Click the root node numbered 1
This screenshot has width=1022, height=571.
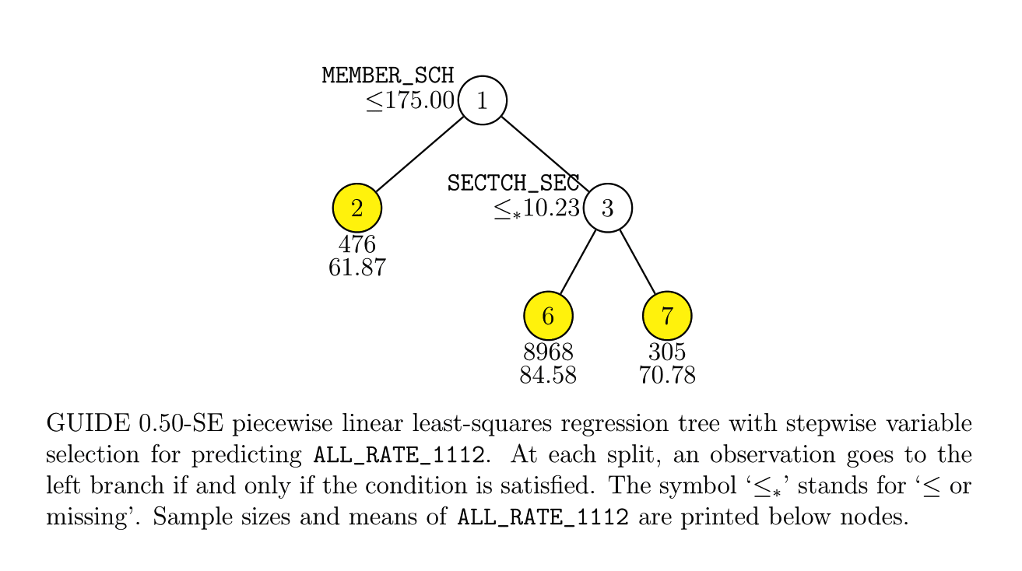tap(483, 100)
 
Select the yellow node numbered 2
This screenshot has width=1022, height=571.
tap(356, 208)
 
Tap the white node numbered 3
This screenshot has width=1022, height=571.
tap(608, 208)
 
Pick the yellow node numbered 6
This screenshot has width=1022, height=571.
tap(548, 316)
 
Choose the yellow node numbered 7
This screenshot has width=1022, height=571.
tap(667, 316)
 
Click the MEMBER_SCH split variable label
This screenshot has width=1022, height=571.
tap(388, 75)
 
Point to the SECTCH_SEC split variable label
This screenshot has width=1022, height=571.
tap(513, 184)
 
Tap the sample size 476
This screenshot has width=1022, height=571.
tap(357, 244)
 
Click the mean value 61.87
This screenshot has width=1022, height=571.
tap(357, 268)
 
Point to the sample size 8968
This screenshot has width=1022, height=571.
tap(548, 352)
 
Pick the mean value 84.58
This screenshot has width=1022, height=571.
tap(548, 376)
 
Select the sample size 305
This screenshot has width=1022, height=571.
tap(667, 352)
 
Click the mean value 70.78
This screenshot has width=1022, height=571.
tap(667, 376)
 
